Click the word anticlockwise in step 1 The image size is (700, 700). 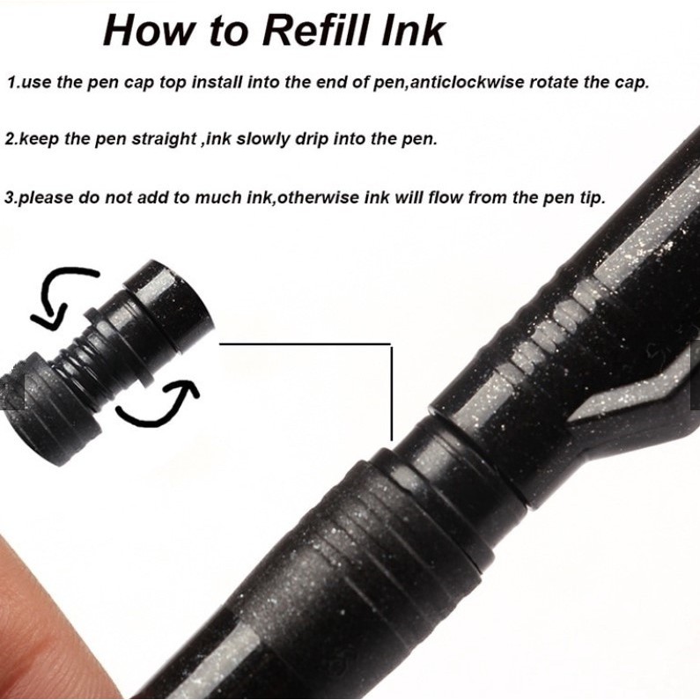(x=467, y=82)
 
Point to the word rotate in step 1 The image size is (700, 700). (x=550, y=83)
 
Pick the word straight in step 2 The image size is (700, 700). (x=164, y=139)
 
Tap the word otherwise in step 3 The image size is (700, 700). (x=319, y=197)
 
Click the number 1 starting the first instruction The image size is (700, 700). (x=11, y=83)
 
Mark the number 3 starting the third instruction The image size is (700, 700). (x=10, y=198)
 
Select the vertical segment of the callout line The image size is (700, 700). (x=392, y=393)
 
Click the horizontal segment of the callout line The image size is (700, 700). (x=305, y=343)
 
